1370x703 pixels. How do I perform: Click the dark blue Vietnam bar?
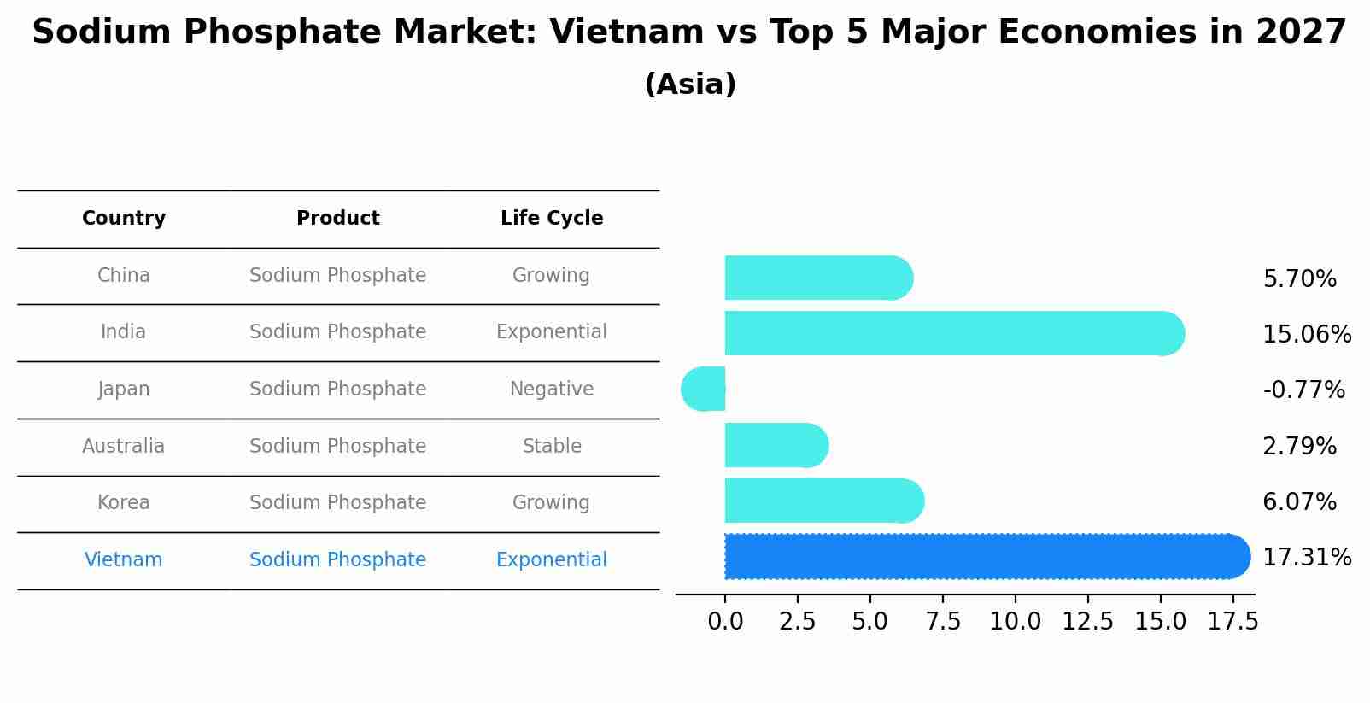982,557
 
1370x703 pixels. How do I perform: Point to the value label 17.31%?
1306,558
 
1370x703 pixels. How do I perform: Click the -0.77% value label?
1303,390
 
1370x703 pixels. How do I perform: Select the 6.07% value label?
1299,502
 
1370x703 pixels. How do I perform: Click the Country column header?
124,219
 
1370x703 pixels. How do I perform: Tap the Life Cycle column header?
552,219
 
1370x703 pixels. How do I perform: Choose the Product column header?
338,219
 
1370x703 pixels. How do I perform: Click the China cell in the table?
124,276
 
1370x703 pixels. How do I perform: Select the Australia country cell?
124,446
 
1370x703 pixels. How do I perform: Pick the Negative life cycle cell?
552,390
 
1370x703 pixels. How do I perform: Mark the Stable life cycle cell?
552,446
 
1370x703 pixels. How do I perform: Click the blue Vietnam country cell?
124,559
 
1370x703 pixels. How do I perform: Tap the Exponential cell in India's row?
552,332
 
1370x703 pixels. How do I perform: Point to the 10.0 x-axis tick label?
1015,622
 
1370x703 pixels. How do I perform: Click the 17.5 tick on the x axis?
1232,622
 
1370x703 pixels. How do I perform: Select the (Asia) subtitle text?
690,85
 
